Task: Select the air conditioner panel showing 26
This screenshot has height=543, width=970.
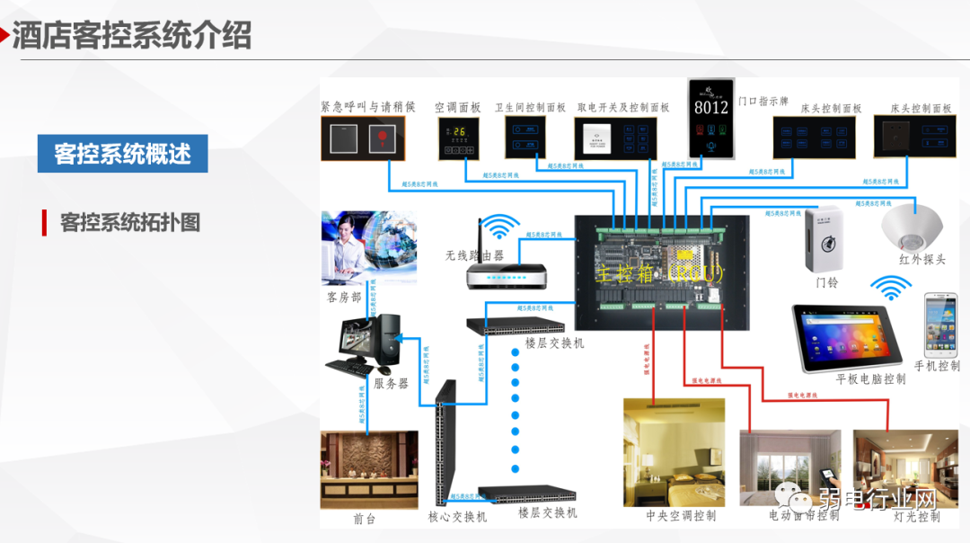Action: coord(459,138)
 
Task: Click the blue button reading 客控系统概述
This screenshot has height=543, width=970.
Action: coord(122,154)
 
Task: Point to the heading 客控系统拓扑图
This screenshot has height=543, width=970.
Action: coord(129,222)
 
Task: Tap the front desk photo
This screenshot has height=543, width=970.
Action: coord(368,469)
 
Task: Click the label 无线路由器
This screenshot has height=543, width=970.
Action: coord(474,255)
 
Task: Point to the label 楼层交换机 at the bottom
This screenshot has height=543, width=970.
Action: coord(547,512)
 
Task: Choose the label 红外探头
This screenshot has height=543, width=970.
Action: coord(921,259)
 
